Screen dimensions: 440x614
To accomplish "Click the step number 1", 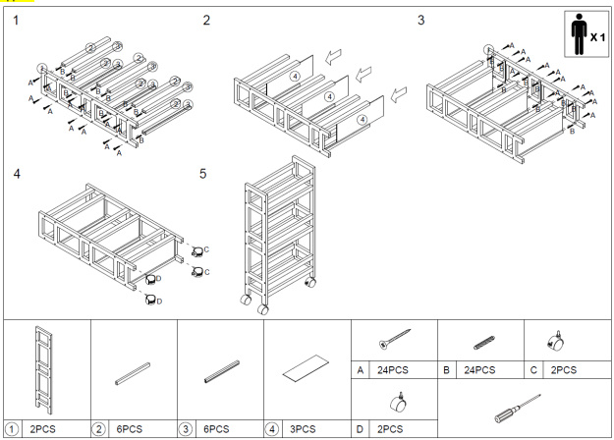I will click(16, 20).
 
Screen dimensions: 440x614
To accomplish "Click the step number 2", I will click(206, 20).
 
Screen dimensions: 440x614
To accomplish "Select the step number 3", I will click(421, 20).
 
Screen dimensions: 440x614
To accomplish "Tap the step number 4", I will click(16, 174).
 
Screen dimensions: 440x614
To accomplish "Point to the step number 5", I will click(203, 174).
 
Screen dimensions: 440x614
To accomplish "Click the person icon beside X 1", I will click(578, 35).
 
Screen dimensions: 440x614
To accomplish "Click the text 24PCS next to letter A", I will click(393, 370).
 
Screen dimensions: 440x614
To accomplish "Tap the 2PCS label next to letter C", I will click(561, 370).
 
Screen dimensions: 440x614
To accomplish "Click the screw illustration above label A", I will click(393, 340).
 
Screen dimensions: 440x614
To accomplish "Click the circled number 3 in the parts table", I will click(187, 428).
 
